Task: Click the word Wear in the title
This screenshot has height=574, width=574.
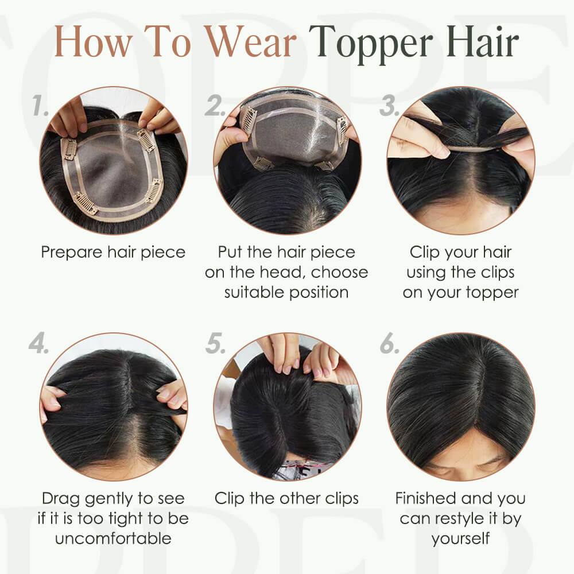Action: coord(250,41)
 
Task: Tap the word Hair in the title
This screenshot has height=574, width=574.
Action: coord(483,41)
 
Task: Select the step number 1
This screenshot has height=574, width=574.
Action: coord(40,106)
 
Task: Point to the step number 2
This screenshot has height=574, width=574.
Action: coord(215,106)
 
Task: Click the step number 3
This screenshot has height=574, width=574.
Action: coord(389,106)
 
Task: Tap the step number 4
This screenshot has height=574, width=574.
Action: coord(39,343)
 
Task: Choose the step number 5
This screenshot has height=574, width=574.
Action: coord(215,343)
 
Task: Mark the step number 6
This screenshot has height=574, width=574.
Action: coord(390,343)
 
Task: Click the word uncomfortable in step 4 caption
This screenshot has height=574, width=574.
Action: coord(113,538)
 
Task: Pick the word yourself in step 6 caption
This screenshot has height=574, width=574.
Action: coord(460,539)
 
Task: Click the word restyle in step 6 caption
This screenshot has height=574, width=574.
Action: coord(455,519)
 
